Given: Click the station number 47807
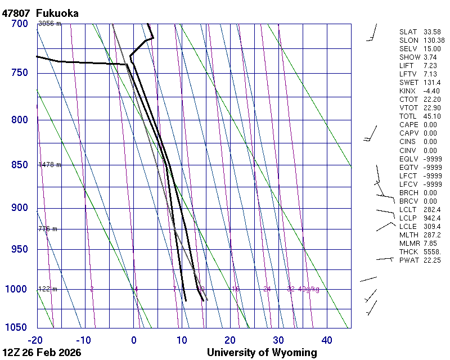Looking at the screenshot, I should pyautogui.click(x=16, y=12).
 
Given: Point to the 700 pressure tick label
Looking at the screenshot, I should pyautogui.click(x=19, y=24).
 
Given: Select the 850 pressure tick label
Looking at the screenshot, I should pyautogui.click(x=19, y=165).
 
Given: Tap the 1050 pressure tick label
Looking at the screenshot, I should pyautogui.click(x=16, y=327).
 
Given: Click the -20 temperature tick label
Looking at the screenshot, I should pyautogui.click(x=35, y=340).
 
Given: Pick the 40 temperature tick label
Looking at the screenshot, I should pyautogui.click(x=327, y=340).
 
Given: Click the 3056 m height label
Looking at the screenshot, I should pyautogui.click(x=49, y=24).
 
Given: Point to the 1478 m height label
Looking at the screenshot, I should pyautogui.click(x=49, y=165).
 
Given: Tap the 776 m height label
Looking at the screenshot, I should pyautogui.click(x=48, y=229).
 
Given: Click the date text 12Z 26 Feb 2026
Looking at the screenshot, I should pyautogui.click(x=42, y=353).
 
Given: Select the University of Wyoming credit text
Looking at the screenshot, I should pyautogui.click(x=262, y=353).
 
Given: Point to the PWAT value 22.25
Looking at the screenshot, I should pyautogui.click(x=431, y=260).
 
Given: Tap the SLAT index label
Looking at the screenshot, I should pyautogui.click(x=409, y=32).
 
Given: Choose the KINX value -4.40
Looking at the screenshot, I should pyautogui.click(x=431, y=91).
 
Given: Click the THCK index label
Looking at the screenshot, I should pyautogui.click(x=409, y=251).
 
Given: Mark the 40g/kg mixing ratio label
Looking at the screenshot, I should pyautogui.click(x=309, y=289).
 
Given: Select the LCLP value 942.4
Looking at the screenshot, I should pyautogui.click(x=431, y=218).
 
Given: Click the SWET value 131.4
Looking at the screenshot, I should pyautogui.click(x=431, y=83).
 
